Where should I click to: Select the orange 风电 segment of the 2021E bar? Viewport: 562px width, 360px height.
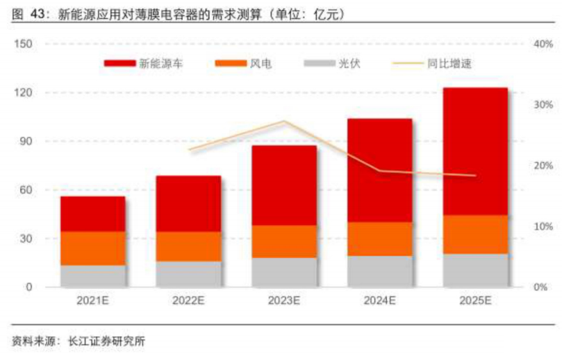point(93,248)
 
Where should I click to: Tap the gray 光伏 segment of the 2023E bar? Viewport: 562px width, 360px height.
point(284,272)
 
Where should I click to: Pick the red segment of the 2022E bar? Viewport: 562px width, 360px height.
point(189,204)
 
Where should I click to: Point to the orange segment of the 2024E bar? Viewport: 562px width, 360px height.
point(380,239)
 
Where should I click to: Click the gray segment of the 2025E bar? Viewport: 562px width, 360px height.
point(475,270)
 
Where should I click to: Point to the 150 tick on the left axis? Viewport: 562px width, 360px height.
point(24,44)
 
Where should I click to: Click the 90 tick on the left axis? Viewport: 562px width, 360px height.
point(26,142)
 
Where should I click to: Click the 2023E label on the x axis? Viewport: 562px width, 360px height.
point(284,301)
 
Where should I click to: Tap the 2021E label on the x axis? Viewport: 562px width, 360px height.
point(93,301)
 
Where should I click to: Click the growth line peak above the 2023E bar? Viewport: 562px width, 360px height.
point(284,122)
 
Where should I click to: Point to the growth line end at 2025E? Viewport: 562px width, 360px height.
point(475,176)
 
